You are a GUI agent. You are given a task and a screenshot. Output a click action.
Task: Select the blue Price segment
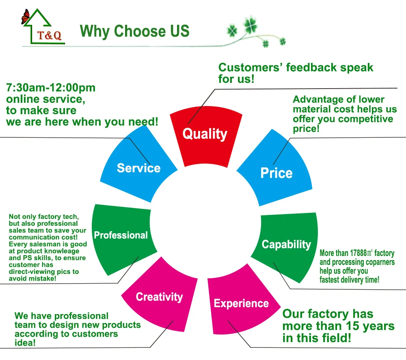276,171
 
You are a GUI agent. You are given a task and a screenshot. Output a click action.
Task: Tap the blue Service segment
138,166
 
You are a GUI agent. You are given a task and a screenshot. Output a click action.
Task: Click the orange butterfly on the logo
25,17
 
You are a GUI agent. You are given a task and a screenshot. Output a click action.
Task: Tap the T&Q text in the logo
49,35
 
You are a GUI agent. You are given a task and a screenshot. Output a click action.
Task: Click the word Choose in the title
140,31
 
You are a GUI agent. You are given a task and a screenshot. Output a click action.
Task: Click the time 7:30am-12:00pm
51,88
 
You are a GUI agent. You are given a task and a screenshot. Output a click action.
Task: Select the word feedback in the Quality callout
311,67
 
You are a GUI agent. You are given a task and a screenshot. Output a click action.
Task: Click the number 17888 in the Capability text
358,253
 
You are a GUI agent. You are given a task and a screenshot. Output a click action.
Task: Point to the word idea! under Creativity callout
25,343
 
